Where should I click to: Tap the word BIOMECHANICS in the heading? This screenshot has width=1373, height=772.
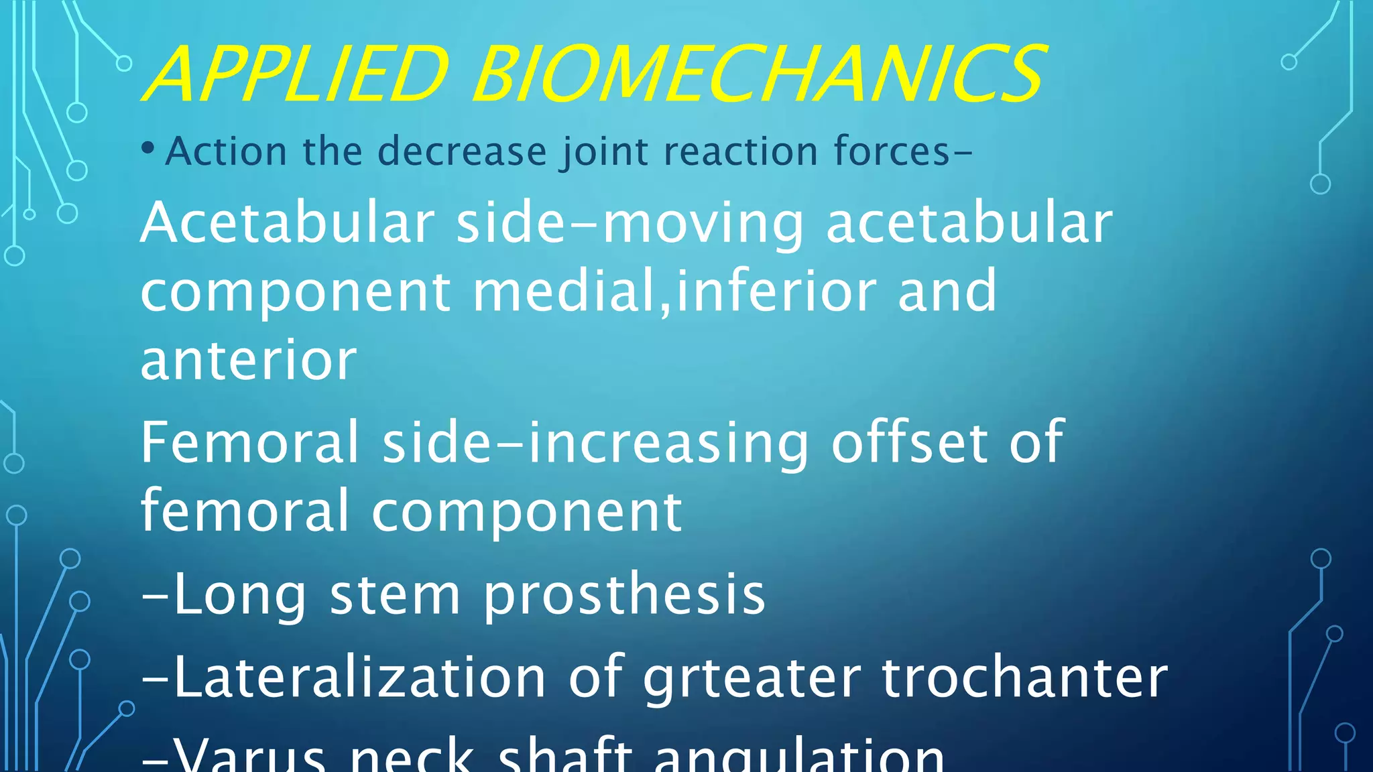(x=758, y=73)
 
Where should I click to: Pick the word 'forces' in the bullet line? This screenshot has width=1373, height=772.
(x=892, y=151)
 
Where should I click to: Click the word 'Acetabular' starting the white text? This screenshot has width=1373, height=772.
(x=288, y=222)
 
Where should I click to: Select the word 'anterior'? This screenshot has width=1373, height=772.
(x=249, y=361)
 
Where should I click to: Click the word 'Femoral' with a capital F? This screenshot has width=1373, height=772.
(x=250, y=442)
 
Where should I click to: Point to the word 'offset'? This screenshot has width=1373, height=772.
(x=909, y=442)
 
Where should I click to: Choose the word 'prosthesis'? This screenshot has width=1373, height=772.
(x=624, y=595)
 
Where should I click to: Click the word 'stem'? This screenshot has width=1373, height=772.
(x=395, y=595)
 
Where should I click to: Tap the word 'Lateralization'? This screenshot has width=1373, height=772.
(x=359, y=678)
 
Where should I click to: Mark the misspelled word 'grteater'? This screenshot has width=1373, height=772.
(x=752, y=679)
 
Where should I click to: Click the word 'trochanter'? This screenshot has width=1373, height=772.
(x=1025, y=678)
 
